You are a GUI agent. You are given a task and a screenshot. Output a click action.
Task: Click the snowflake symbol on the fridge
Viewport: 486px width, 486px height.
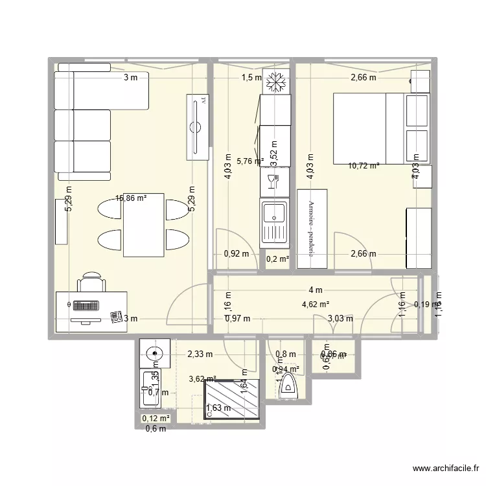[x=277, y=82]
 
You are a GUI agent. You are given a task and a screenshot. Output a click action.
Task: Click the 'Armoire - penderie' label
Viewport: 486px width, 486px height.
[x=312, y=229]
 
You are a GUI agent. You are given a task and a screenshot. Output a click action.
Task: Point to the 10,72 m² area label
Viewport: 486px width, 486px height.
[x=364, y=165]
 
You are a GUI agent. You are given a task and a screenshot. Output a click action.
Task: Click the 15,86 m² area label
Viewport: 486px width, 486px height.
[x=131, y=199]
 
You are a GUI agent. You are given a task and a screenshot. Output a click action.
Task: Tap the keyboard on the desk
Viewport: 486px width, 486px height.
[x=85, y=306]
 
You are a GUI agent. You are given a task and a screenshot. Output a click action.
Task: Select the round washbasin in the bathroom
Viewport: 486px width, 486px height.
[x=154, y=354]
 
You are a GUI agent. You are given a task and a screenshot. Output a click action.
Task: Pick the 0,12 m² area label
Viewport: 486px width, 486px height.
[x=156, y=419]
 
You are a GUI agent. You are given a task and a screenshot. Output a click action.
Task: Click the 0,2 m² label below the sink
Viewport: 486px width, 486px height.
[x=277, y=259]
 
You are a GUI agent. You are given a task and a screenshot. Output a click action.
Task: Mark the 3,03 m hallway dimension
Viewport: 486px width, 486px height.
[x=340, y=318]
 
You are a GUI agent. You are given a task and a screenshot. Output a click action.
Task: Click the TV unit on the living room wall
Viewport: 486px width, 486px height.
[x=198, y=126]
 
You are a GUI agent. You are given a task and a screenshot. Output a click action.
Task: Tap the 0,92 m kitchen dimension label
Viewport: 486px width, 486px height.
[x=236, y=254]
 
